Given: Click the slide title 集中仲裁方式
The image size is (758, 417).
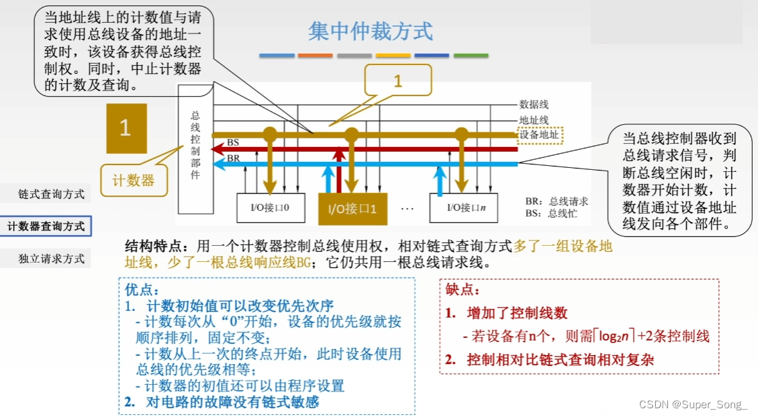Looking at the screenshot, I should click(x=371, y=32).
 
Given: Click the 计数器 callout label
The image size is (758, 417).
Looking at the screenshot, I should click(x=133, y=180).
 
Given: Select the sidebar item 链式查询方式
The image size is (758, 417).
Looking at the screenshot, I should click(x=52, y=194).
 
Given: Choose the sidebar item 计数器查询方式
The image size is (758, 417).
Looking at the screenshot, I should click(x=46, y=226).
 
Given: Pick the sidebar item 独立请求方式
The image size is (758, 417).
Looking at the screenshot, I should click(x=52, y=259).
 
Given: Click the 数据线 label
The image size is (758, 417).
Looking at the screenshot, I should click(x=534, y=104).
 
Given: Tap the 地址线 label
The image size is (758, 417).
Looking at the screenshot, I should click(x=534, y=120).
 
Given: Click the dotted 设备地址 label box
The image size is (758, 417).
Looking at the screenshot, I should click(x=540, y=135).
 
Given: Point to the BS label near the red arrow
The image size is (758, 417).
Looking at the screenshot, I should click(x=233, y=142).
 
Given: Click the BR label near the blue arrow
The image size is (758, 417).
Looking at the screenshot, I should click(x=233, y=158).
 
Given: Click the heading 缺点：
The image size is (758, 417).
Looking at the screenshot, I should click(x=463, y=290).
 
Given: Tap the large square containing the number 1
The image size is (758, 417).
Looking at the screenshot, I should click(x=126, y=128).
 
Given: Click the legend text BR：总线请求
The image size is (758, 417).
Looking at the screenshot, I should click(x=557, y=201).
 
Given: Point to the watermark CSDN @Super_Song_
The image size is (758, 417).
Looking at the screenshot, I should click(x=693, y=404).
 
